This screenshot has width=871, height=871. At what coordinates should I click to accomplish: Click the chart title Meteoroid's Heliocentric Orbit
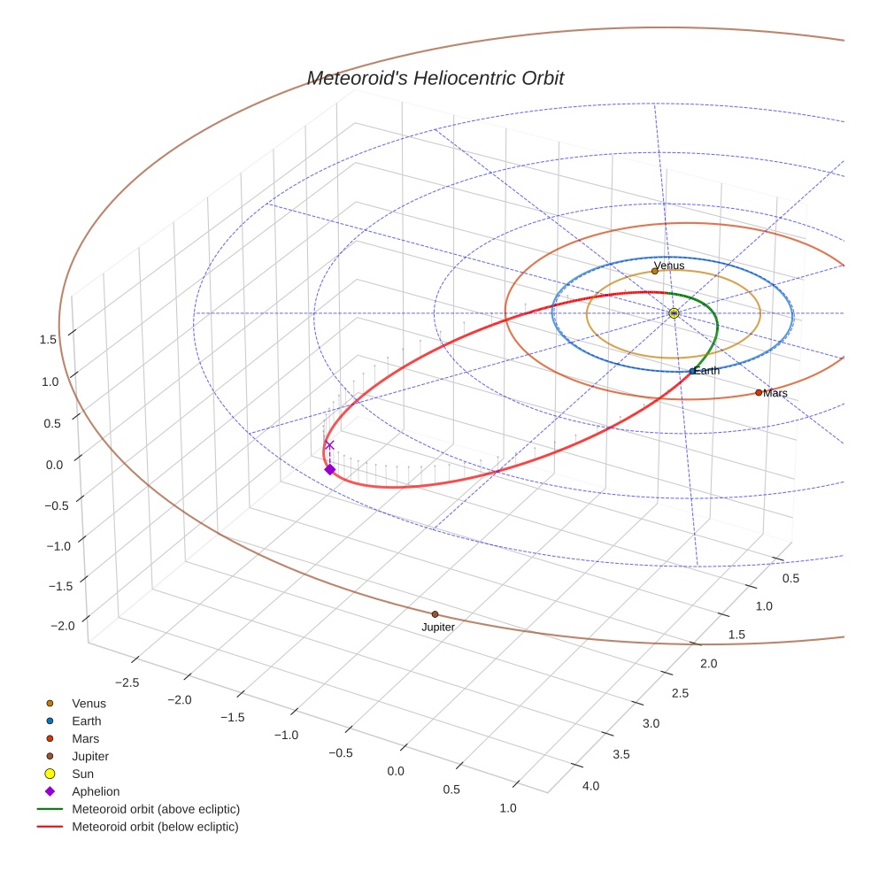coord(435,78)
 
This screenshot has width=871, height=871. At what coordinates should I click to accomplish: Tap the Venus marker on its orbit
coord(655,271)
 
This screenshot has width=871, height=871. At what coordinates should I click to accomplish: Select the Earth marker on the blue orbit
coord(692,371)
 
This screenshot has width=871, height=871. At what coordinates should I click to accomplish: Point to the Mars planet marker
coord(759,392)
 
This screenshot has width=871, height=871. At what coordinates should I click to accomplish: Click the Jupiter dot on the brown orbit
coord(435,614)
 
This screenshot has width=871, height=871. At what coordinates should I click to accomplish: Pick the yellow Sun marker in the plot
coord(674,313)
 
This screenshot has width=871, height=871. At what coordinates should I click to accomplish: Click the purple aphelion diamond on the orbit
coord(330,469)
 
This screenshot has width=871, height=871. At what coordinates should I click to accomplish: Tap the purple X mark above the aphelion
coord(329,445)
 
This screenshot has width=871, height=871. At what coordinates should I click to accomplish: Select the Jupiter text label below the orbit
coord(438,628)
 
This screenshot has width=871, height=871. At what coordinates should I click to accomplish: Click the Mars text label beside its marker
coord(775,393)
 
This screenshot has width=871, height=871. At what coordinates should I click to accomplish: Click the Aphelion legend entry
coord(96,791)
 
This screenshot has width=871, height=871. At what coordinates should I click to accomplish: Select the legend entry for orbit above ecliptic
coord(156,809)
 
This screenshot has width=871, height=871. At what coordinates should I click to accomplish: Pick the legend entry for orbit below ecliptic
coord(155,827)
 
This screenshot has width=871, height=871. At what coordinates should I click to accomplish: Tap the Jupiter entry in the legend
coord(90,756)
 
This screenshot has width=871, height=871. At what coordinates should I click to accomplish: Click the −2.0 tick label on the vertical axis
coord(63,626)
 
